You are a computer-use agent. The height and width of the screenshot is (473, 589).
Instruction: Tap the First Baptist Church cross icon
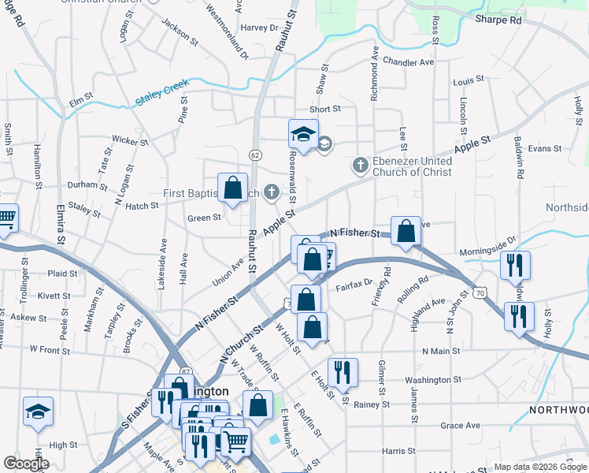tap(272, 192)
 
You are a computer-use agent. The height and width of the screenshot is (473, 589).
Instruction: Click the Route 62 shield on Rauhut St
tap(255, 155)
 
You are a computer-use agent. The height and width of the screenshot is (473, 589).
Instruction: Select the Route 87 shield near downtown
tap(186, 371)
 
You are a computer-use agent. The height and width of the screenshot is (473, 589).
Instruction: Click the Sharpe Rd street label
tap(498, 20)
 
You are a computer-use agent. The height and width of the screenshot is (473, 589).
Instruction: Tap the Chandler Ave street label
tap(409, 61)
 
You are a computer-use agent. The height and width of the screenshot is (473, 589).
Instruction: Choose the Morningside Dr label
tap(488, 240)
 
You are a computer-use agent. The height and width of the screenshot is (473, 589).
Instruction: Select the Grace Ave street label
tap(461, 426)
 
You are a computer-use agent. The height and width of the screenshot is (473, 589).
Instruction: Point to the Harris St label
tap(398, 452)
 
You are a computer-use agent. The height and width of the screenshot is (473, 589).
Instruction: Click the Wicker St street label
tap(130, 141)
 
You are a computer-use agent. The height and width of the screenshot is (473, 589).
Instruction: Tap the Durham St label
tap(87, 186)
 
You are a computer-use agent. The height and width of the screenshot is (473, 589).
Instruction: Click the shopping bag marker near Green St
tap(232, 189)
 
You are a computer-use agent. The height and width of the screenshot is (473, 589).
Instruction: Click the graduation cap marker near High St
tap(38, 412)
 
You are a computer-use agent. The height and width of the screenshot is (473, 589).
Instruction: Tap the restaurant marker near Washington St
tap(342, 371)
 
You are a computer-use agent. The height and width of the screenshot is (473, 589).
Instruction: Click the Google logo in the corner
tap(26, 464)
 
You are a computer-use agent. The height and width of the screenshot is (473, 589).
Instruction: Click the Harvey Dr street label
tap(260, 27)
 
